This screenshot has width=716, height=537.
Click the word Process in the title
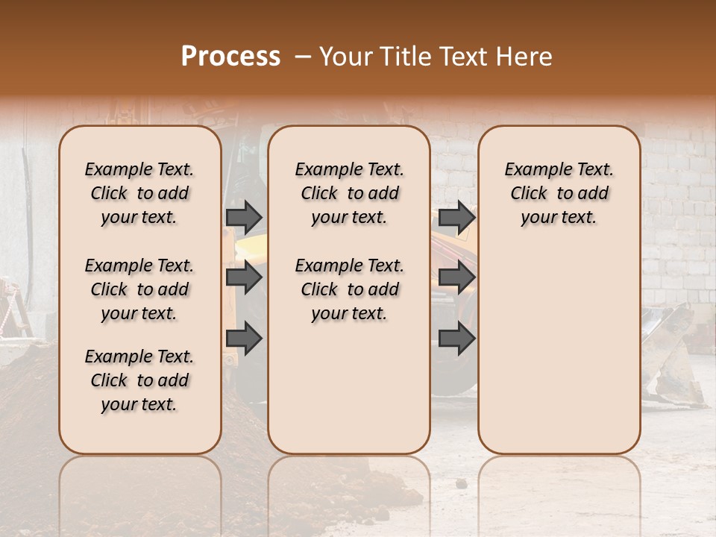[x=230, y=57]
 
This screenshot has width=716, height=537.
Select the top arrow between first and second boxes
[x=244, y=217]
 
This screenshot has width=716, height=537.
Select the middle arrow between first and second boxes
[x=244, y=277]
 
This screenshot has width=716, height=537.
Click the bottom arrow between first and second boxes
[x=244, y=339]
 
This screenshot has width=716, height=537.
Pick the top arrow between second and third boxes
[x=456, y=217]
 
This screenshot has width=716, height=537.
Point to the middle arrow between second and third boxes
[x=456, y=277]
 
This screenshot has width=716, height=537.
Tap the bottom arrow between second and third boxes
[x=456, y=339]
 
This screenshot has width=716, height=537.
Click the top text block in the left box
[x=139, y=193]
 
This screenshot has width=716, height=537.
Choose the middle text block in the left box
[x=139, y=289]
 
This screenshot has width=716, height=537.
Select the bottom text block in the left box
[x=139, y=380]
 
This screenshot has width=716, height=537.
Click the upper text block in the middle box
[x=349, y=193]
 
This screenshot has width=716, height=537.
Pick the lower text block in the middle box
[x=349, y=289]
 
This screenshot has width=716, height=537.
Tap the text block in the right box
[x=559, y=193]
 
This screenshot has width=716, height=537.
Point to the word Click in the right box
[x=529, y=194]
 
